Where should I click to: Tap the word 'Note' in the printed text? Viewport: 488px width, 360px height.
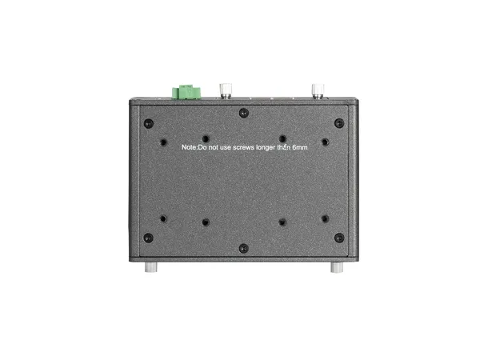click(189, 147)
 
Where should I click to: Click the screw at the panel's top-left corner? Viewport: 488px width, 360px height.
click(148, 122)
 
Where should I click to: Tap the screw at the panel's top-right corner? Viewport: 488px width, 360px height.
click(339, 122)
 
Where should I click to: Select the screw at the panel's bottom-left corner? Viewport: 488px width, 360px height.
click(148, 237)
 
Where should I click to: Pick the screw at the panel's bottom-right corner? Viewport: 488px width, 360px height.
click(339, 237)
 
